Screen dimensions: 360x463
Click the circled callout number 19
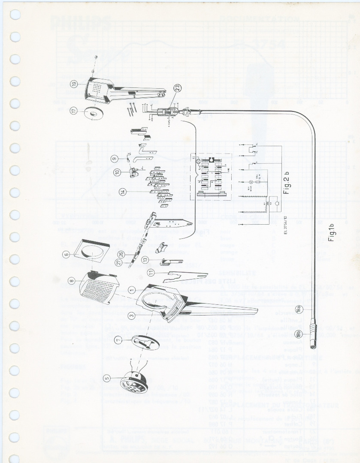coord(74,84)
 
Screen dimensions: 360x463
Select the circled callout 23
coord(178,89)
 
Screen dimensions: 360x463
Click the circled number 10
coord(117,172)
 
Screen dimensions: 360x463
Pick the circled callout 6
coord(66,254)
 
